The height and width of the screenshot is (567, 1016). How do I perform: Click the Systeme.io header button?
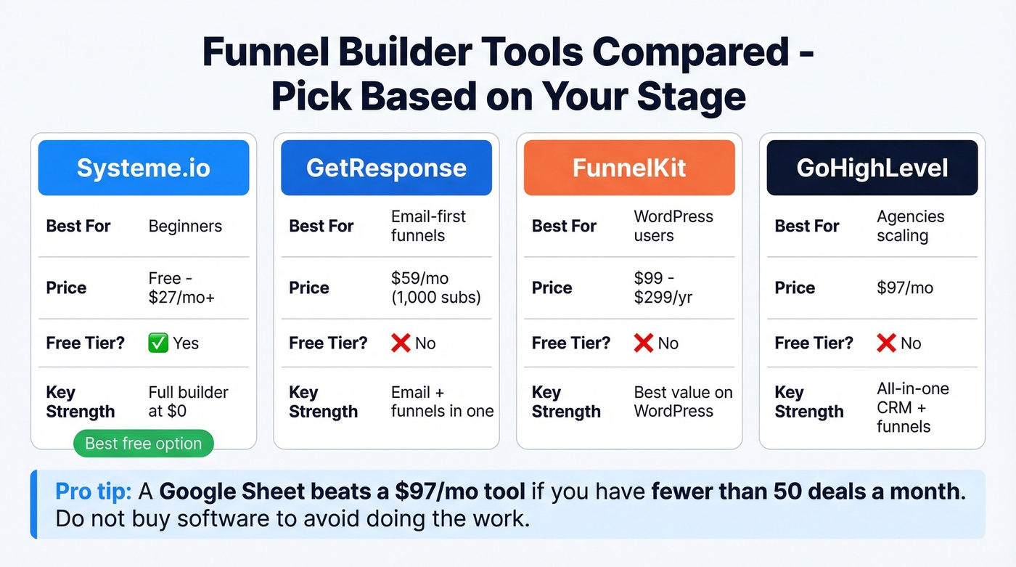click(x=143, y=168)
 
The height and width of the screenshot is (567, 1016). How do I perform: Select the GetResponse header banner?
click(x=386, y=168)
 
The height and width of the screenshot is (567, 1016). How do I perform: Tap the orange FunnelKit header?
click(x=628, y=168)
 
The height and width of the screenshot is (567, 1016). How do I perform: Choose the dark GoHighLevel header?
click(x=872, y=168)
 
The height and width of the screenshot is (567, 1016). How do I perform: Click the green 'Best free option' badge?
click(x=144, y=444)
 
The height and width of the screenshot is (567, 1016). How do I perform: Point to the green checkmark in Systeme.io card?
click(x=157, y=343)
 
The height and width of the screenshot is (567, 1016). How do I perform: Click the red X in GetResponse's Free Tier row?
click(x=401, y=343)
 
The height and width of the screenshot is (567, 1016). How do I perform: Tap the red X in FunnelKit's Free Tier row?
click(x=643, y=343)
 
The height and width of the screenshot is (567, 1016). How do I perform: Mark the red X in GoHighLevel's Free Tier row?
click(x=886, y=343)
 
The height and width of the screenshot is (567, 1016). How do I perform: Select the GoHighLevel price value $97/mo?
click(x=905, y=288)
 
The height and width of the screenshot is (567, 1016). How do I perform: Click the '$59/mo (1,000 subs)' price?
click(x=435, y=288)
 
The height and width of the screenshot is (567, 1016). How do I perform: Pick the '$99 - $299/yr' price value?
click(x=663, y=288)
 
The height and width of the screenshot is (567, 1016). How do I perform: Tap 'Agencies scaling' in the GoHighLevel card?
click(x=910, y=226)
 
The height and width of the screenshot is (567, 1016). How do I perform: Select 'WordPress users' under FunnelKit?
click(x=673, y=226)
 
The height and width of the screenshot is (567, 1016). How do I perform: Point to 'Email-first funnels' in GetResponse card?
click(x=428, y=226)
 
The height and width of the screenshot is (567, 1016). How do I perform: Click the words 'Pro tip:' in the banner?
click(x=93, y=491)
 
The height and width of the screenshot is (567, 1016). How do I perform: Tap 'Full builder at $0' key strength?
click(x=188, y=401)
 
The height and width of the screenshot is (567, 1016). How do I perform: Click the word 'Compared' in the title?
click(x=689, y=53)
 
